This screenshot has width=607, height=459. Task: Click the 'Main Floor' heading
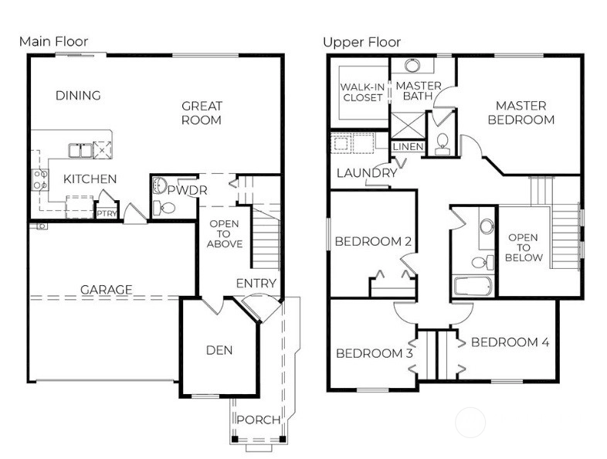54,42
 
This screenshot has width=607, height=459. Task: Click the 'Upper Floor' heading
362,42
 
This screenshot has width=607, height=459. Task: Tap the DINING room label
78,95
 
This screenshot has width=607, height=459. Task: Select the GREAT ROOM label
202,113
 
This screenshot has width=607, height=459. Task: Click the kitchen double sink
80,150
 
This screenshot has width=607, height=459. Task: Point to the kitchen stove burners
40,180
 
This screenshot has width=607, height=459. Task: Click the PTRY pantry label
107,213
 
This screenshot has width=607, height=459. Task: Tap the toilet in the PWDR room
164,209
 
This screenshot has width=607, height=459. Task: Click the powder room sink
159,185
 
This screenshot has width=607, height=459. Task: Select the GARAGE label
106,289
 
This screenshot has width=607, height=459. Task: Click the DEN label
219,350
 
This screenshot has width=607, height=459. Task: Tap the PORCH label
259,420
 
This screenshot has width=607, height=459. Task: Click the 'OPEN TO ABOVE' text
225,234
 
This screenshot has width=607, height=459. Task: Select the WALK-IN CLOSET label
362,93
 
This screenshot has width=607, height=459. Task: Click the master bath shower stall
408,125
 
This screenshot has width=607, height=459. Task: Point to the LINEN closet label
408,147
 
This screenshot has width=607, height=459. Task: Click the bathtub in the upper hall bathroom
473,286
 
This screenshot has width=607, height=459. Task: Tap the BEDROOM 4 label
510,342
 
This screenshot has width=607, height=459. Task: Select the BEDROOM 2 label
373,241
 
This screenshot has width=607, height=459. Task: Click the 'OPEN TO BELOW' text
524,247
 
